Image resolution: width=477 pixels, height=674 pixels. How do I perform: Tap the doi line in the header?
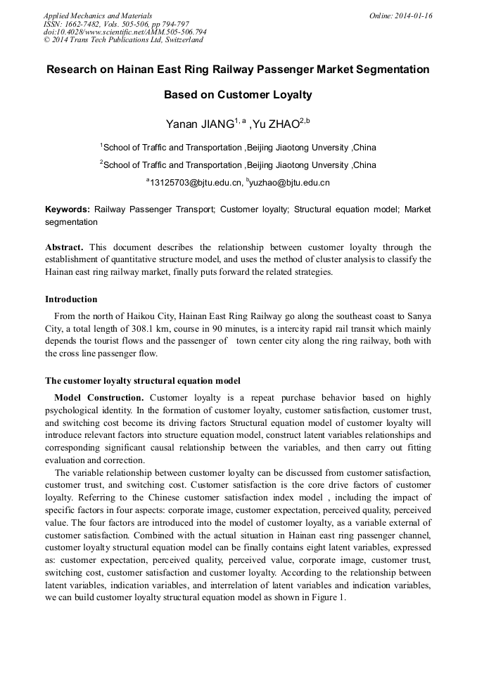point(125,32)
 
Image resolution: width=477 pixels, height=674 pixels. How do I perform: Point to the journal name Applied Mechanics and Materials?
point(97,15)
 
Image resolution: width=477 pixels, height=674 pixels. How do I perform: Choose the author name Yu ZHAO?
point(276,125)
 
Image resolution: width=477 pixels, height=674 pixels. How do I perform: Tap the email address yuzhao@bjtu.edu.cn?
point(290,183)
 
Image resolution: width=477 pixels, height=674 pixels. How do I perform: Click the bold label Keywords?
point(68,209)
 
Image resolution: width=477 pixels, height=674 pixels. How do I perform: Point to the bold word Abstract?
point(64,247)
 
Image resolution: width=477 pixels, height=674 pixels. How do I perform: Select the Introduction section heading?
point(71,299)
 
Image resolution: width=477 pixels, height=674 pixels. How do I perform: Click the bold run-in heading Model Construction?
point(98,398)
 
